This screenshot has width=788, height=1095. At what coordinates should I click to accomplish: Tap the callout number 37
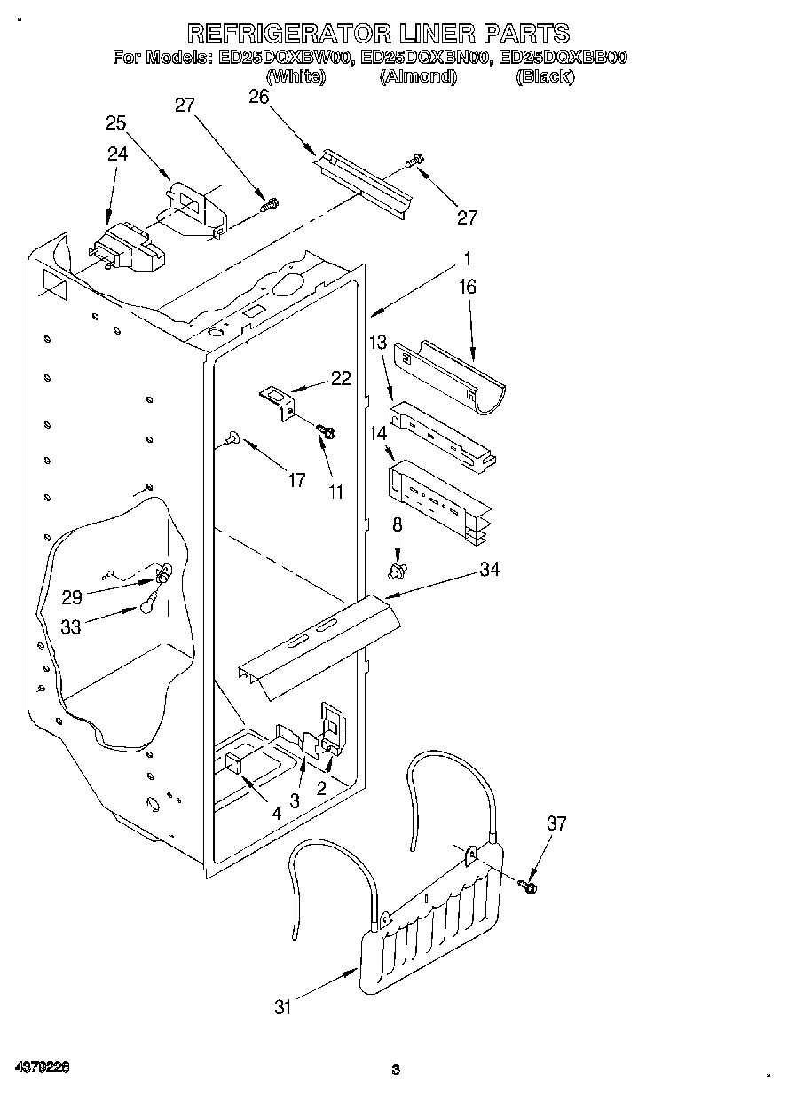556,824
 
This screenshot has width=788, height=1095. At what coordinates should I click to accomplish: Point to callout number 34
489,570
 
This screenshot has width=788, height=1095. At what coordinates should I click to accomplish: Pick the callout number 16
468,287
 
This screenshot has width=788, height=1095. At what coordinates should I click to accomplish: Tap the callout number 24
117,153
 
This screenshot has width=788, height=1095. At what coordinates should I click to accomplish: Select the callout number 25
116,122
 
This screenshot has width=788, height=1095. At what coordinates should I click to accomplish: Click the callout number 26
259,97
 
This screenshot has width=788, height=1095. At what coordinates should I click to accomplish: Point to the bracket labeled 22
279,399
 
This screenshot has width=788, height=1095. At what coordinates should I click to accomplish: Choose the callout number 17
296,480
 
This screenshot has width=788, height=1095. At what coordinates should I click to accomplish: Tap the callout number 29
71,597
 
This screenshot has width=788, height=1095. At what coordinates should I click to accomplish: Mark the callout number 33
71,626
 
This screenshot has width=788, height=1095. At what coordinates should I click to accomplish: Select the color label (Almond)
418,77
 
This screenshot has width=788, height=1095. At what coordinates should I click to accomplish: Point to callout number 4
276,812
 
